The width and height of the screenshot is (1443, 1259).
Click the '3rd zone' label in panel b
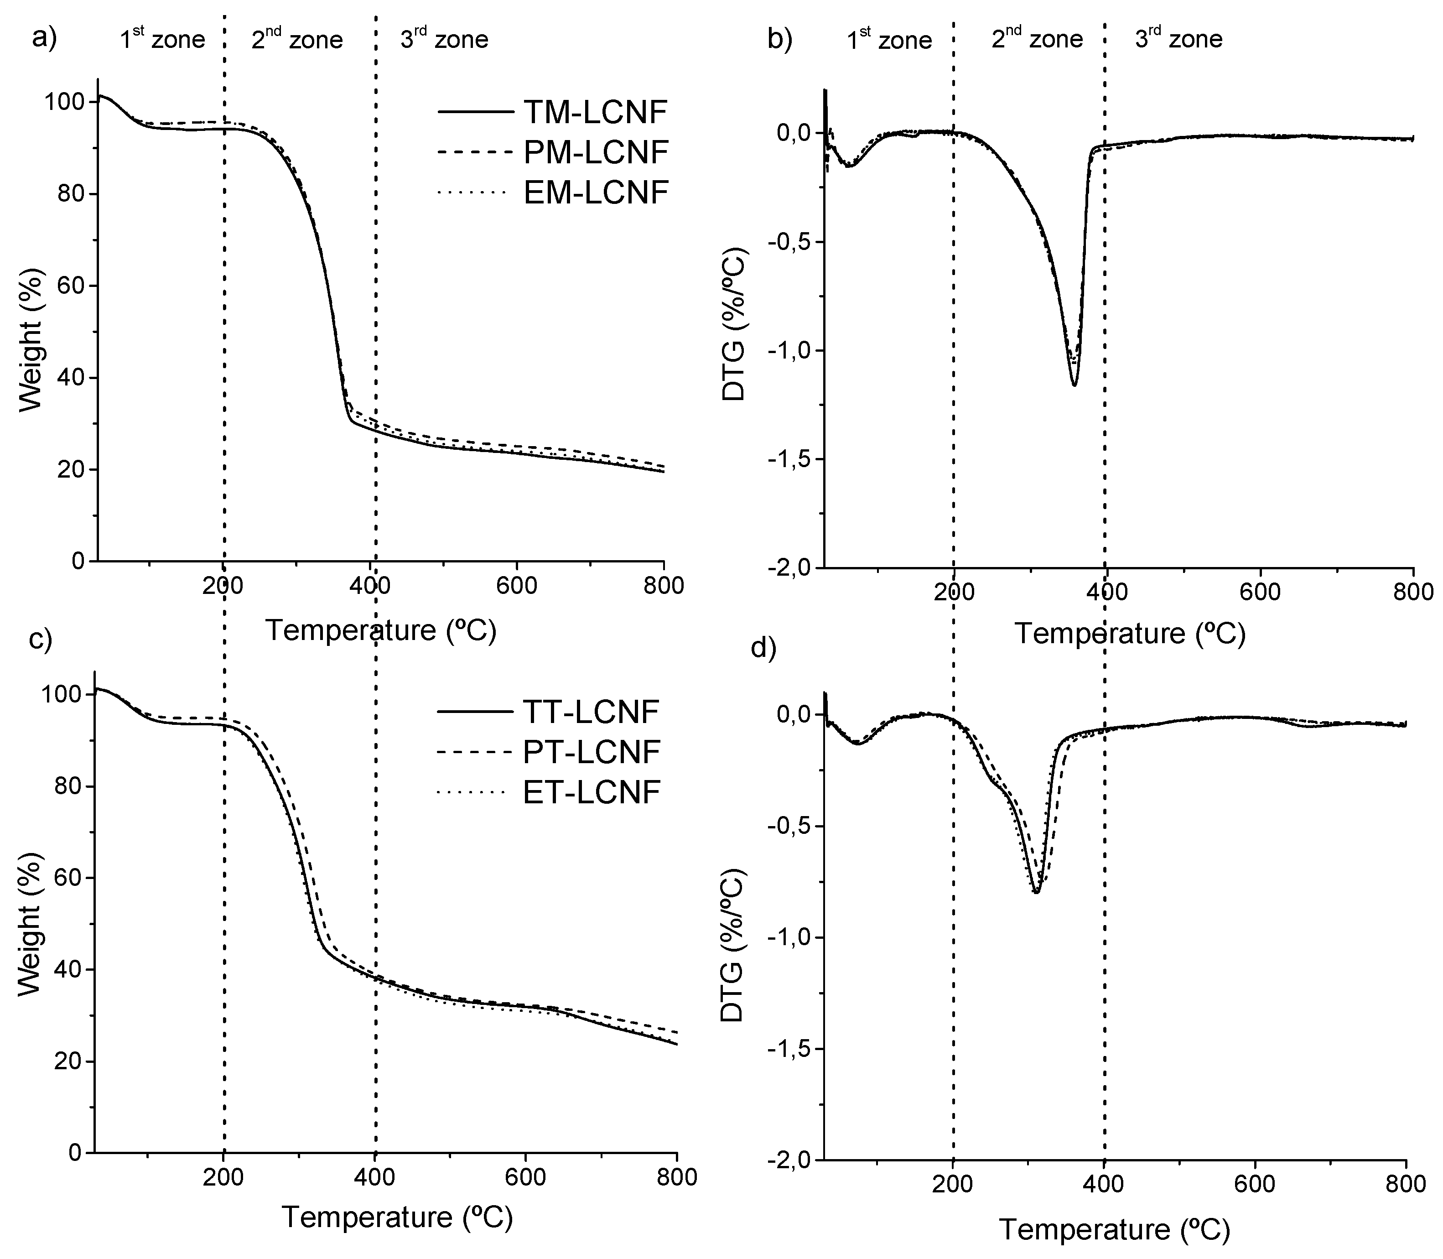(x=1178, y=39)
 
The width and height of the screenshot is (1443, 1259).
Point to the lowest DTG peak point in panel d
(x=1036, y=892)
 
